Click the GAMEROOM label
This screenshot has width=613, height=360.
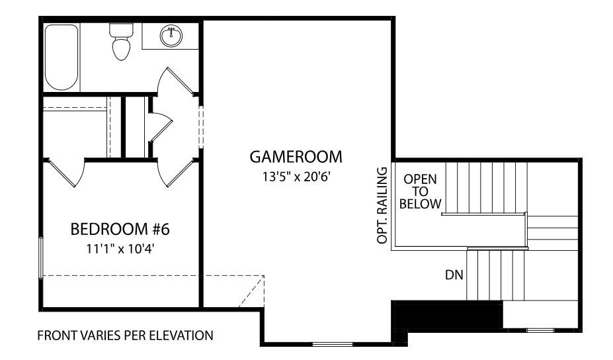296,157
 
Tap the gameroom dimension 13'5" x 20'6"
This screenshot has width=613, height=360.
296,177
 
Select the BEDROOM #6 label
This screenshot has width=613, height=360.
120,230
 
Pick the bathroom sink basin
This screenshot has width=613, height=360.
171,34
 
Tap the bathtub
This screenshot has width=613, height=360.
61,57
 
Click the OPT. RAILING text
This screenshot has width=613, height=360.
382,206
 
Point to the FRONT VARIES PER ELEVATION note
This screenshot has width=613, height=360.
125,336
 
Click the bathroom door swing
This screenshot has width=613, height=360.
175,83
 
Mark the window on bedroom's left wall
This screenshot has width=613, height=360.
42,257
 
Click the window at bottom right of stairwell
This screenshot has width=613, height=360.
540,329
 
